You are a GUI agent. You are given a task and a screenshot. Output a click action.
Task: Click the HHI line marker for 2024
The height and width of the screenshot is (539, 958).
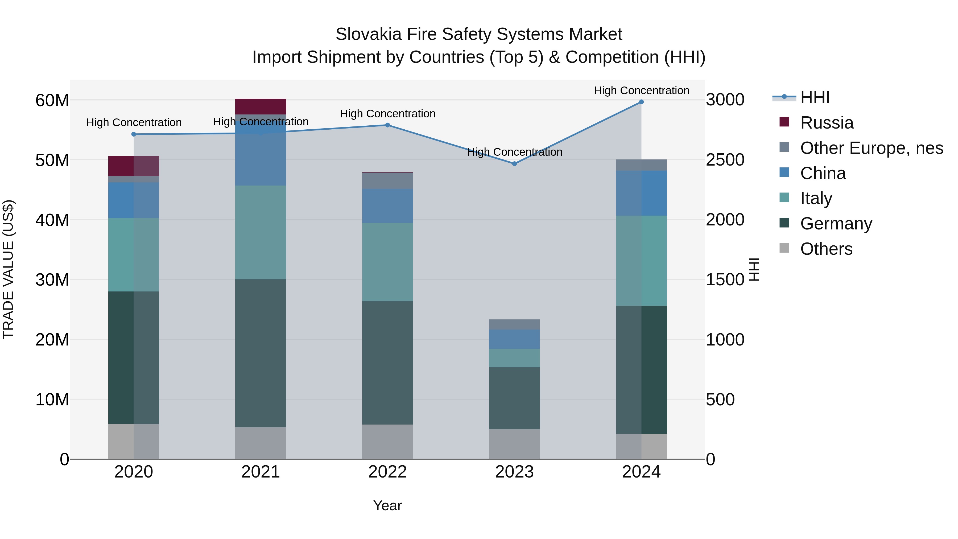tap(641, 102)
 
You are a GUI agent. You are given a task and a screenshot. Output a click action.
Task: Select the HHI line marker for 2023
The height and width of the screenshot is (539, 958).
tap(514, 164)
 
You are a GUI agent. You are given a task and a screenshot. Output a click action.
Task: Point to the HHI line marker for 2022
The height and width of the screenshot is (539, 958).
tap(387, 125)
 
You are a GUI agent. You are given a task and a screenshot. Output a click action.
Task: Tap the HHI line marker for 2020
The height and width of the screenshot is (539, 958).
tap(134, 134)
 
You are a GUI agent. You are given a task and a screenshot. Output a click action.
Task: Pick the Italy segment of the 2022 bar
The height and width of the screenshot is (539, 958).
tap(387, 262)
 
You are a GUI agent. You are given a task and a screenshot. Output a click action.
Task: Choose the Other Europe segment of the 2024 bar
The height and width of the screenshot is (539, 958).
tap(641, 165)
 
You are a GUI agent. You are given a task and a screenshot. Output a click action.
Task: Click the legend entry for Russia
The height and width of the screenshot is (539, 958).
tap(826, 123)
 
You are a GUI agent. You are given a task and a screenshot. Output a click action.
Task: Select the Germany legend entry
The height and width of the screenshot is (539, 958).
tap(836, 224)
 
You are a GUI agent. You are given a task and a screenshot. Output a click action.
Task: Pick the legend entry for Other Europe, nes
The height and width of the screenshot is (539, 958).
tap(871, 148)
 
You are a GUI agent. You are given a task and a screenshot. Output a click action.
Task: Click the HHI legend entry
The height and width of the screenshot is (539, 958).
tap(815, 97)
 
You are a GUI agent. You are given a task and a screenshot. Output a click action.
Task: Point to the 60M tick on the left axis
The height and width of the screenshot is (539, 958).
tap(52, 100)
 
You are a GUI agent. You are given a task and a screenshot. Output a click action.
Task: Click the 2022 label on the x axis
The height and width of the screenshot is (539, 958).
tap(387, 472)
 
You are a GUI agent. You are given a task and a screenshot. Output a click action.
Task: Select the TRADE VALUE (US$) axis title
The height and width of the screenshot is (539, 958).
tap(8, 269)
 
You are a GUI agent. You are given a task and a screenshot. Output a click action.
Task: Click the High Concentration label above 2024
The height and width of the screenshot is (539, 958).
tap(641, 90)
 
